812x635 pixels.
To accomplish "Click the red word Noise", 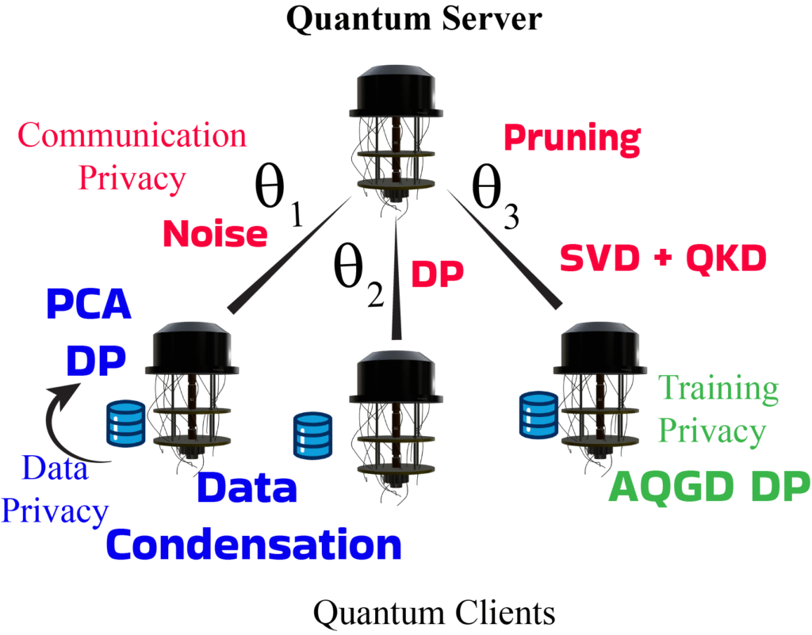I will (213, 233).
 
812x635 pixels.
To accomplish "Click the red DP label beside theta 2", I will (436, 274).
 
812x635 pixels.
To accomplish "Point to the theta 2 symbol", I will (357, 277).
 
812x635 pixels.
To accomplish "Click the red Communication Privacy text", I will (132, 156).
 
